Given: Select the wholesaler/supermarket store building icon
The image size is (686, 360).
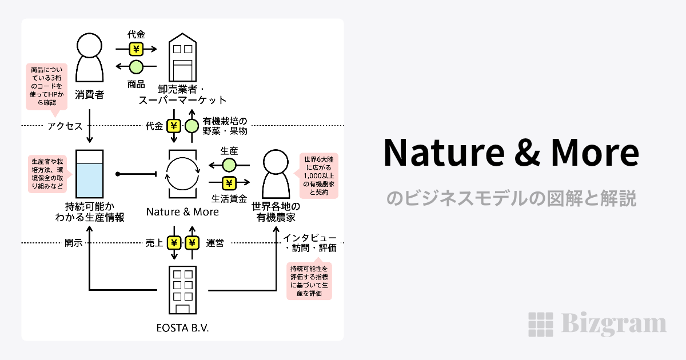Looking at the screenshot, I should [x=182, y=58].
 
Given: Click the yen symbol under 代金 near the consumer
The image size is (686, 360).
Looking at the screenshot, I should [x=136, y=49].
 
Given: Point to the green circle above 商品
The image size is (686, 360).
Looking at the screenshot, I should [x=136, y=67].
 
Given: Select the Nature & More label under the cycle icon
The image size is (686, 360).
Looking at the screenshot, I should [x=182, y=212].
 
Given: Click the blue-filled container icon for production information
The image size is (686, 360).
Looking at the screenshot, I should [x=90, y=174].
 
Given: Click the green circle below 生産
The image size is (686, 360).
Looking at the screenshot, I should [x=229, y=165].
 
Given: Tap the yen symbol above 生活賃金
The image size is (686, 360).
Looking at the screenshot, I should [x=229, y=183].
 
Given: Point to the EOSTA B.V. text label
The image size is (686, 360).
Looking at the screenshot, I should [x=182, y=328].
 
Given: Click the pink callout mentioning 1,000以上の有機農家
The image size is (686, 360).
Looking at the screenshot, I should [x=319, y=175].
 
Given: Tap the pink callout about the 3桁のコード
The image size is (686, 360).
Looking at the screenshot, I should [x=47, y=86].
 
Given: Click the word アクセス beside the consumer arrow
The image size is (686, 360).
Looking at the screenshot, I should [x=65, y=126].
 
